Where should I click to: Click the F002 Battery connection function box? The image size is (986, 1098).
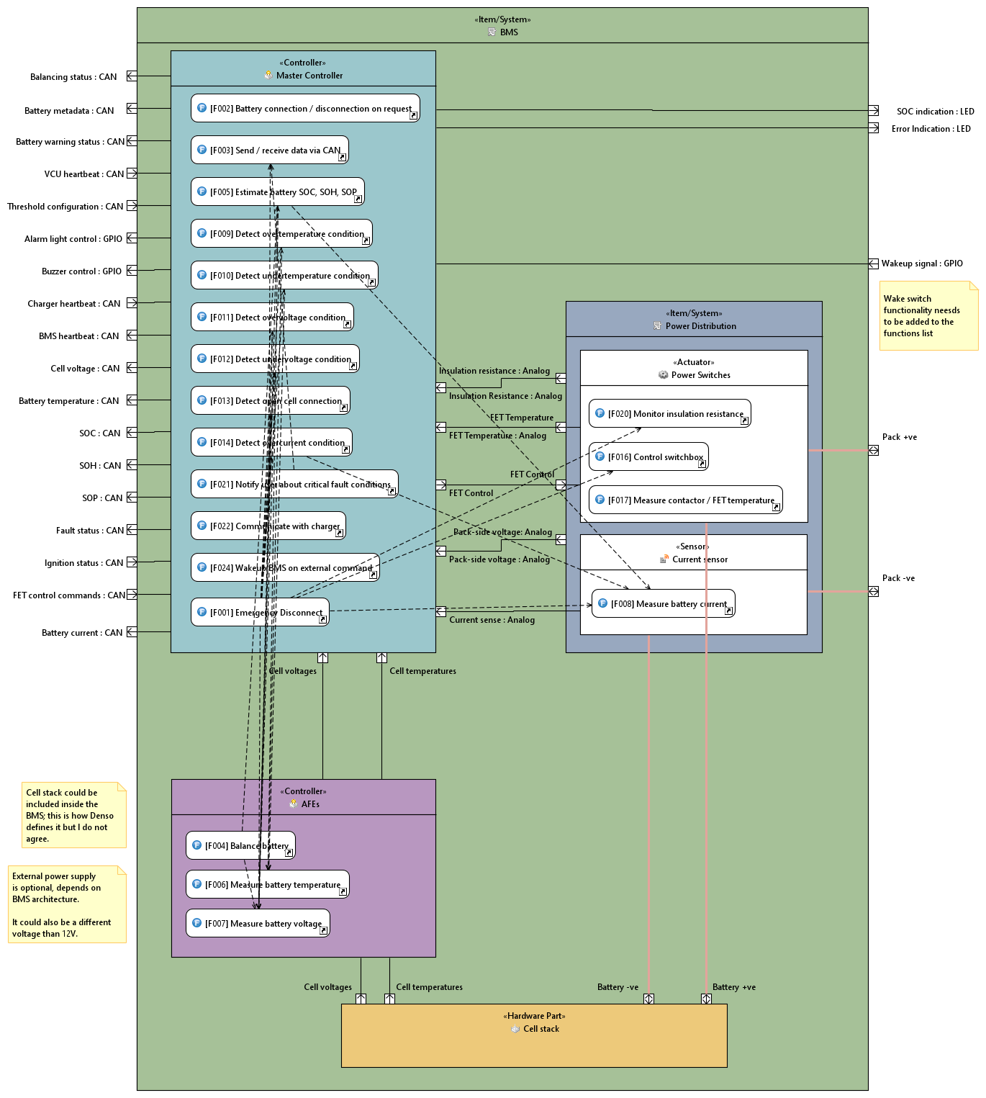[x=305, y=109]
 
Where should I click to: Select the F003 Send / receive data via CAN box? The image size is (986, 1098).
[x=270, y=150]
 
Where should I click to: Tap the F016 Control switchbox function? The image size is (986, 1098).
[x=648, y=457]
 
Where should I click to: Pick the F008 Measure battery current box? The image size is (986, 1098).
[x=663, y=604]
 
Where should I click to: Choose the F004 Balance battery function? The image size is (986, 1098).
[x=240, y=846]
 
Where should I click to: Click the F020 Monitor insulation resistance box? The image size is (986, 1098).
[x=669, y=414]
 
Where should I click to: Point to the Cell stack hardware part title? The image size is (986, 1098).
[x=541, y=1029]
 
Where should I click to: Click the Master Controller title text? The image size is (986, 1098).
[x=309, y=76]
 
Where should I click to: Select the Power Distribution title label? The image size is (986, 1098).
[x=700, y=326]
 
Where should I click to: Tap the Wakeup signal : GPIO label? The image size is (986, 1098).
[x=922, y=264]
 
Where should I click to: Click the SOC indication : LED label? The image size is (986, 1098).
[x=935, y=112]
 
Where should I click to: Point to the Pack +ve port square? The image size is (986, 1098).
[x=873, y=451]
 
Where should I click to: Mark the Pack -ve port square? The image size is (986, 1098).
[x=873, y=592]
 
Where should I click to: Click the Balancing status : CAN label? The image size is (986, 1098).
[x=73, y=77]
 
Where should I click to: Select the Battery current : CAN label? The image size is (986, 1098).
[x=82, y=633]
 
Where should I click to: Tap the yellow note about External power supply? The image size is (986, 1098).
[x=66, y=904]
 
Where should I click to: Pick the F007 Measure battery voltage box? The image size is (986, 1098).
[x=258, y=924]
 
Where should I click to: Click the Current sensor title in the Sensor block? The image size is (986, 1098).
[x=700, y=559]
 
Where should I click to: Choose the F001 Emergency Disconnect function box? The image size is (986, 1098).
[x=260, y=613]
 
